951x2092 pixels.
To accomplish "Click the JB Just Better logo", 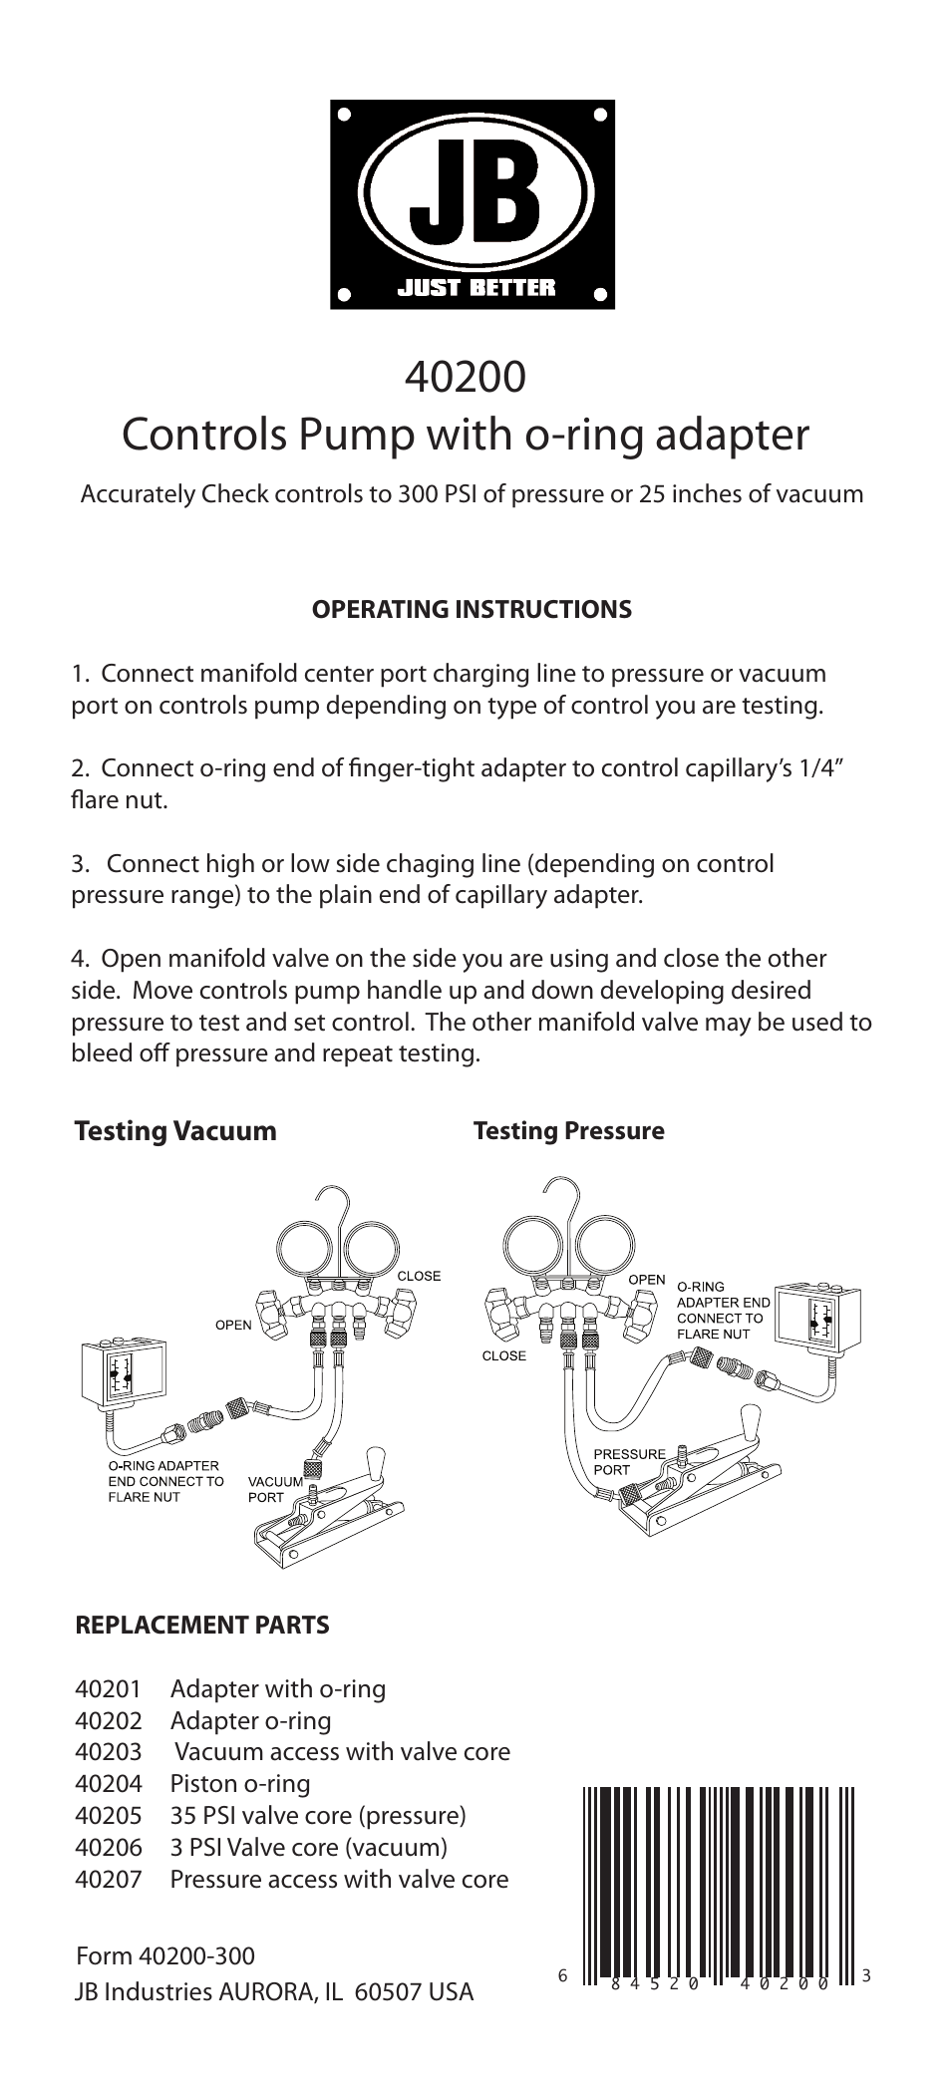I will pyautogui.click(x=473, y=204).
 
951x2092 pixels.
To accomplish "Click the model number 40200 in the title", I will pyautogui.click(x=466, y=378).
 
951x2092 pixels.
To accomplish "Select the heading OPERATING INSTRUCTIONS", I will pyautogui.click(x=473, y=609).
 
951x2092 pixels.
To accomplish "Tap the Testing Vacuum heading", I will pyautogui.click(x=175, y=1131).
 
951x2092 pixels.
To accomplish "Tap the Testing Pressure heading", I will pyautogui.click(x=568, y=1131).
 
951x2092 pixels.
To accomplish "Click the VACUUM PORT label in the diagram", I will pyautogui.click(x=274, y=1489).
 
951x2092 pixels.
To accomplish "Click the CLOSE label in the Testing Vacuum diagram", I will pyautogui.click(x=419, y=1276).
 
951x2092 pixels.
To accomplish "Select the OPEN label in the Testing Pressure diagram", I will pyautogui.click(x=646, y=1280).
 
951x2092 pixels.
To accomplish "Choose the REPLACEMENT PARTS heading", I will pyautogui.click(x=202, y=1626).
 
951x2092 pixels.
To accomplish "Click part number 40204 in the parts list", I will pyautogui.click(x=109, y=1784).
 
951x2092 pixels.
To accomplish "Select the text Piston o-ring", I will pyautogui.click(x=240, y=1784).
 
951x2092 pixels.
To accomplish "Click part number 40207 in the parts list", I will pyautogui.click(x=109, y=1880).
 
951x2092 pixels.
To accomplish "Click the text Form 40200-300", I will pyautogui.click(x=165, y=1956).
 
